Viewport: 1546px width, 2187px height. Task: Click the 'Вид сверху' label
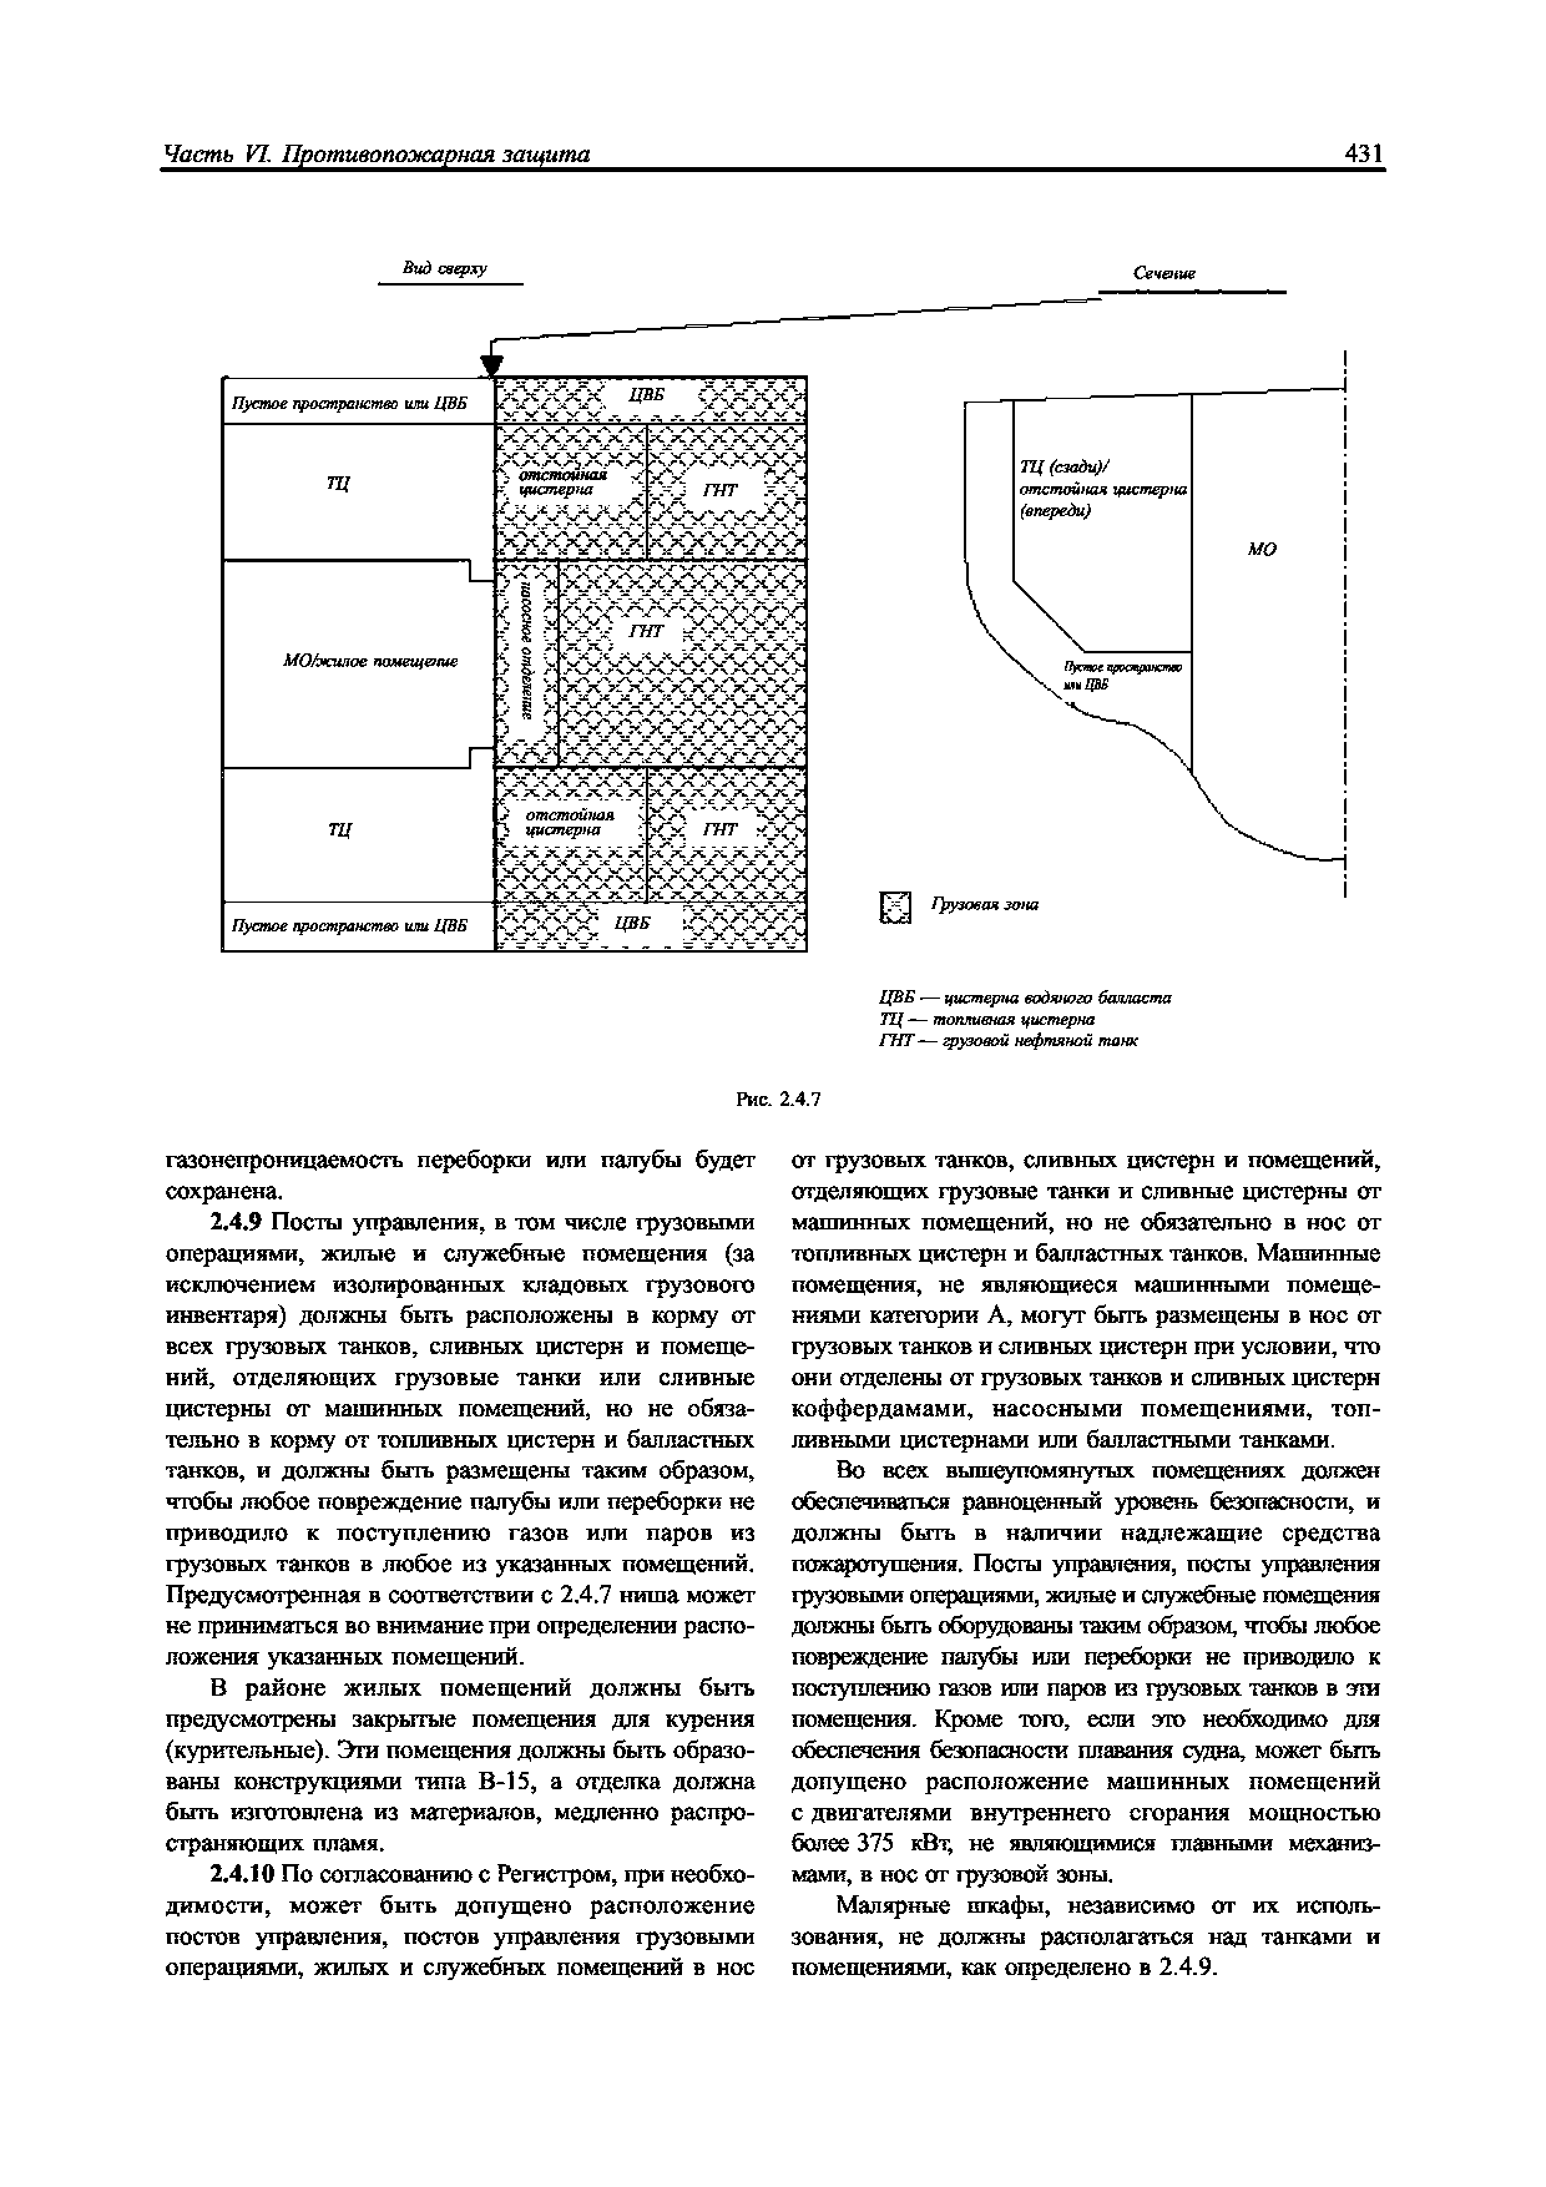444,269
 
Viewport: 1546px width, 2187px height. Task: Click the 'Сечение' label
1164,273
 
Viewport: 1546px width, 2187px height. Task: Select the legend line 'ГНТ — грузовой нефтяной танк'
1007,1040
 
